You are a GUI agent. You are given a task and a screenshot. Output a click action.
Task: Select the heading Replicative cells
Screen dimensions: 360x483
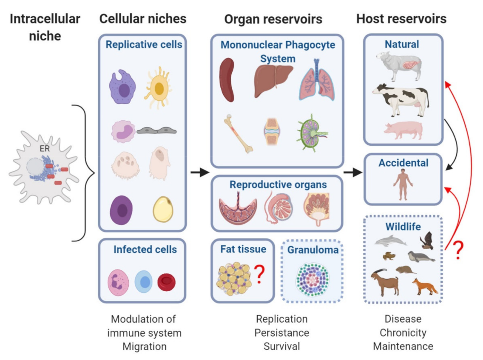144,45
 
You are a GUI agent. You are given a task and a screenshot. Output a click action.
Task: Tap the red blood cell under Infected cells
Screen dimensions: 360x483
166,282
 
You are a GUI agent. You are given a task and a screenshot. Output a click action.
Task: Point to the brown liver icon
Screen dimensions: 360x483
273,80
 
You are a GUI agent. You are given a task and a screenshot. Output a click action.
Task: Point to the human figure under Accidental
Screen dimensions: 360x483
402,183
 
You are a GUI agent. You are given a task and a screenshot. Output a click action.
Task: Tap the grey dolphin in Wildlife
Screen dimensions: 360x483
390,241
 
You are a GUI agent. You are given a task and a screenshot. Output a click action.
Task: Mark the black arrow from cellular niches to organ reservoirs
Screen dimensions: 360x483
199,172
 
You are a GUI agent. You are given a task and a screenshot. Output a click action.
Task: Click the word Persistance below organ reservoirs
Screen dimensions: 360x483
281,332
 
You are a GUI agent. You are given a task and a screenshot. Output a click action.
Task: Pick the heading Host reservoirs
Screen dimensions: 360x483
401,19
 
